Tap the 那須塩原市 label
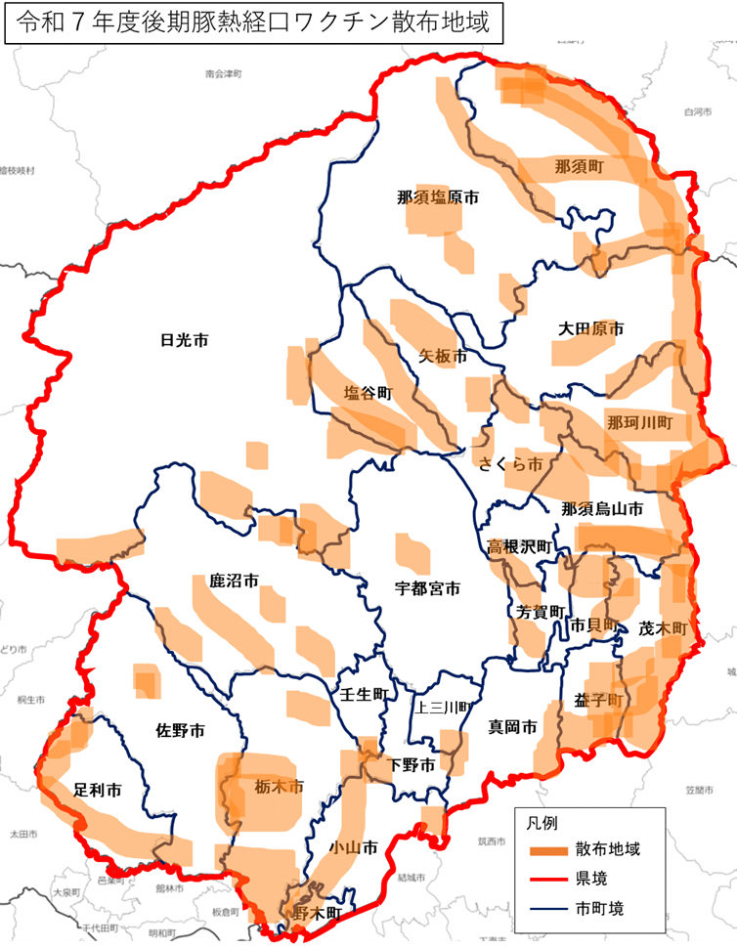pos(438,196)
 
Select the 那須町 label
pos(578,166)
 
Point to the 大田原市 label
pos(590,329)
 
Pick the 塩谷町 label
pos(368,393)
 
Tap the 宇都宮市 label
pos(427,588)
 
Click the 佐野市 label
pos(181,730)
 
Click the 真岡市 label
pos(512,727)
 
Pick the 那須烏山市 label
pos(602,508)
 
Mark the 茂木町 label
pos(665,627)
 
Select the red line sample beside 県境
pos(546,879)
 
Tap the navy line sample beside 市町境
pos(546,908)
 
